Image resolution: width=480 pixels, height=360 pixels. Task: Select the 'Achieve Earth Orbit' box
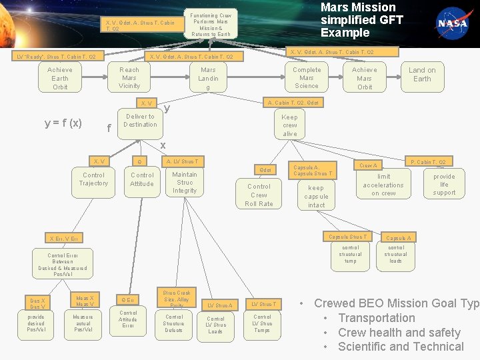point(60,79)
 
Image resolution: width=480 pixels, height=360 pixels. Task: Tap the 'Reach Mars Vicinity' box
point(129,78)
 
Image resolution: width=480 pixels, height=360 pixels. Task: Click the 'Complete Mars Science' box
point(307,78)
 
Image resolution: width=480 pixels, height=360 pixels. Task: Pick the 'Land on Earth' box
point(422,75)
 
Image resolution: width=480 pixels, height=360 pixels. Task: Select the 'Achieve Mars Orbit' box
point(365,78)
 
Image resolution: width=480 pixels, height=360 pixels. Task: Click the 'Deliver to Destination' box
point(140,121)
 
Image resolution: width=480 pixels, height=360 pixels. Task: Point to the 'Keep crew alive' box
point(290,125)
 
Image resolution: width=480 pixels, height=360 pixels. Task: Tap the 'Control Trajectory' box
point(93,179)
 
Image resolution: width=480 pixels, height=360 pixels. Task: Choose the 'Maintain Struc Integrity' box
point(185,183)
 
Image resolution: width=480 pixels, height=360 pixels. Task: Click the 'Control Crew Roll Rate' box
point(259,195)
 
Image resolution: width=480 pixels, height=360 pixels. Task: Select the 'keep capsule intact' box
point(316,197)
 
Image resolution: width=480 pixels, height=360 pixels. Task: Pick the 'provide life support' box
point(444,185)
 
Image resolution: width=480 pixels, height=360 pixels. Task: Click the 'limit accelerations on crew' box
point(383,185)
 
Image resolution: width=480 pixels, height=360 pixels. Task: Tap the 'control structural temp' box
point(350,254)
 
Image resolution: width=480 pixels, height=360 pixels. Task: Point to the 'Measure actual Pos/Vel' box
point(83,323)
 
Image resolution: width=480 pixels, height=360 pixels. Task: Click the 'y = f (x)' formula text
point(63,123)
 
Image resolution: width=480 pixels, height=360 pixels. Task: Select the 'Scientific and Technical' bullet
point(401,347)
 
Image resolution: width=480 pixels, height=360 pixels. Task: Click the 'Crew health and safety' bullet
point(399,332)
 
